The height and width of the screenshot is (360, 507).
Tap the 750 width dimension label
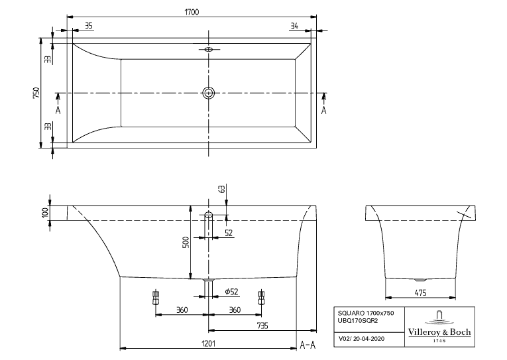pyautogui.click(x=38, y=93)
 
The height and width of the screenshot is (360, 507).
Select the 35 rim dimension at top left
pyautogui.click(x=89, y=26)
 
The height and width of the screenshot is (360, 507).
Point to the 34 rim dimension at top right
pyautogui.click(x=294, y=26)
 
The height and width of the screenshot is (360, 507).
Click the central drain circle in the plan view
pyautogui.click(x=209, y=93)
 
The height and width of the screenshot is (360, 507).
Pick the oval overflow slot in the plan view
pyautogui.click(x=209, y=49)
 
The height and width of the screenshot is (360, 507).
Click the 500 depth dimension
pyautogui.click(x=186, y=243)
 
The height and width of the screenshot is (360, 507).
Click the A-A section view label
pyautogui.click(x=308, y=344)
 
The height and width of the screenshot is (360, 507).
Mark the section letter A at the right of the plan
pyautogui.click(x=324, y=110)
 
